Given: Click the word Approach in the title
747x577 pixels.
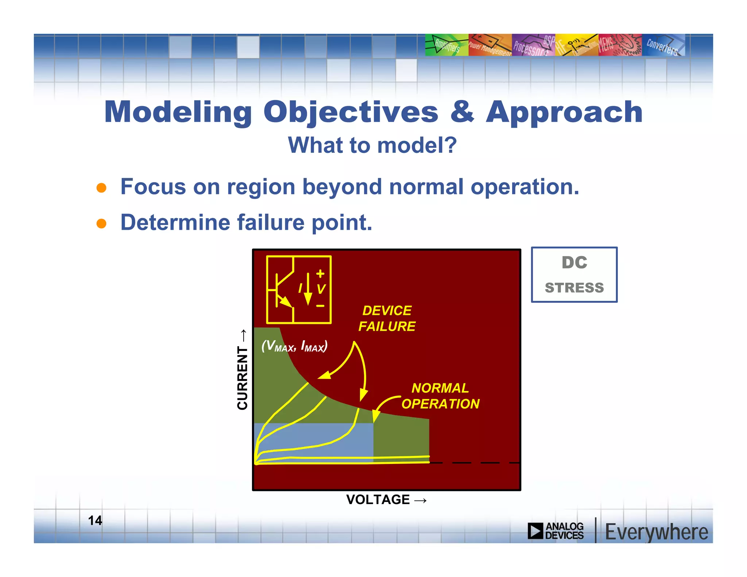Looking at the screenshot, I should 564,112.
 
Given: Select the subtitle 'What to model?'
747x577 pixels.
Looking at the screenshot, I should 372,145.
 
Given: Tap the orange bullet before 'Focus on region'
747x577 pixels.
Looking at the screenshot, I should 101,188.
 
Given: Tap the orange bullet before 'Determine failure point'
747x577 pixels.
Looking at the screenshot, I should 101,223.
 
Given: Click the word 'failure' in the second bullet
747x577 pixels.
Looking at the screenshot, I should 271,222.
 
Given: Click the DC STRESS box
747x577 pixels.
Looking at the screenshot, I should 574,275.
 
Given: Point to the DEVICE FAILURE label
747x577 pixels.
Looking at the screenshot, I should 387,318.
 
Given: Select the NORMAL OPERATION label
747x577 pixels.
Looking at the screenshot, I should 440,396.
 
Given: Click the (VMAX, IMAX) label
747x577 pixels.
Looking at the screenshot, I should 294,346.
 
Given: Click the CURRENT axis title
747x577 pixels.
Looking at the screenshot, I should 242,377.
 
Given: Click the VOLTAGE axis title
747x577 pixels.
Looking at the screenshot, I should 378,499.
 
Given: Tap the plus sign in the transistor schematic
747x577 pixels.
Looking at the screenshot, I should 320,274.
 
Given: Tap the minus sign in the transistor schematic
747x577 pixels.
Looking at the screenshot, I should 320,306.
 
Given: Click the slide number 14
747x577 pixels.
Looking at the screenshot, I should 95,520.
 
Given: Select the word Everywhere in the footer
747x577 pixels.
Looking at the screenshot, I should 656,532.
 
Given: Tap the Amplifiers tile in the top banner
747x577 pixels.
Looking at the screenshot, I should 446,45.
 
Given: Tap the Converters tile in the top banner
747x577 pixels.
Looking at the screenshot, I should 663,45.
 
